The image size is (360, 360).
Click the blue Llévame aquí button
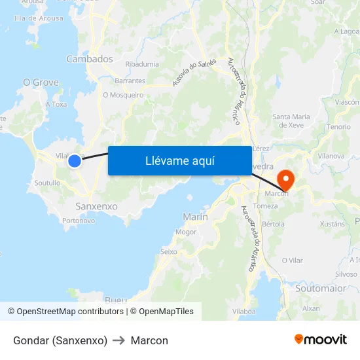pyautogui.click(x=179, y=160)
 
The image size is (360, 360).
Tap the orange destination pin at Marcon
pyautogui.click(x=286, y=178)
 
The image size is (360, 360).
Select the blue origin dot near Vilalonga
pyautogui.click(x=75, y=160)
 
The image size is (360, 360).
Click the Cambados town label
pyautogui.click(x=90, y=59)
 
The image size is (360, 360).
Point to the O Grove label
pyautogui.click(x=41, y=82)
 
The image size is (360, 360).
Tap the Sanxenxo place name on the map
pyautogui.click(x=97, y=206)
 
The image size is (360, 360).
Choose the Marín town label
pyautogui.click(x=196, y=217)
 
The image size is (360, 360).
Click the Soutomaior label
pyautogui.click(x=320, y=287)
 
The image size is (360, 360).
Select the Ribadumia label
pyautogui.click(x=142, y=64)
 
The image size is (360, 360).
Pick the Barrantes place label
pyautogui.click(x=130, y=81)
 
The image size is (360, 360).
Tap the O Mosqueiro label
pyautogui.click(x=123, y=95)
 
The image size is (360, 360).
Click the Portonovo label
pyautogui.click(x=79, y=221)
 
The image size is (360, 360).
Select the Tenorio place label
pyautogui.click(x=339, y=126)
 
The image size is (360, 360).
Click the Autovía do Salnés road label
pyautogui.click(x=194, y=72)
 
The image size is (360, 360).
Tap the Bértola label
pyautogui.click(x=273, y=224)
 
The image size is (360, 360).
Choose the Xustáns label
pyautogui.click(x=332, y=224)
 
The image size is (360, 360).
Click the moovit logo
pyautogui.click(x=320, y=339)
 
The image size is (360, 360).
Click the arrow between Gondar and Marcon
pyautogui.click(x=119, y=340)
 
